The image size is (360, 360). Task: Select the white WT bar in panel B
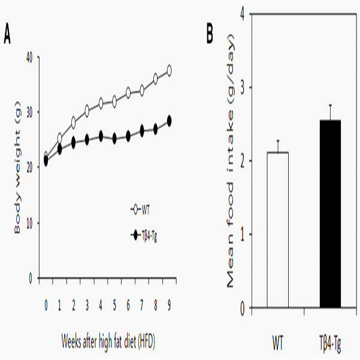pos(278,229)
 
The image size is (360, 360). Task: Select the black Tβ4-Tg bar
pos(330,214)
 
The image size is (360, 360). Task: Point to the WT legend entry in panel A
pos(140,210)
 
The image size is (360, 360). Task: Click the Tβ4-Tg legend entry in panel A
pos(144,235)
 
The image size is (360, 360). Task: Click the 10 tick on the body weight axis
pos(30,223)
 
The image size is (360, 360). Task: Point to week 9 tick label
pos(169,305)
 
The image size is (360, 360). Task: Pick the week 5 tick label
pos(114,305)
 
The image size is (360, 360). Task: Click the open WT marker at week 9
pos(169,71)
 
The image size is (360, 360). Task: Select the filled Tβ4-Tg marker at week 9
pos(169,121)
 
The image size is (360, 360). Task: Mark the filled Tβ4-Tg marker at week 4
pos(101,136)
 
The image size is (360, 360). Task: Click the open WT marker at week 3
pos(87,111)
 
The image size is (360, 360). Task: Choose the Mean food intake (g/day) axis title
pos(229,161)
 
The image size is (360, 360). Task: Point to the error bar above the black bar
pos(331,113)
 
